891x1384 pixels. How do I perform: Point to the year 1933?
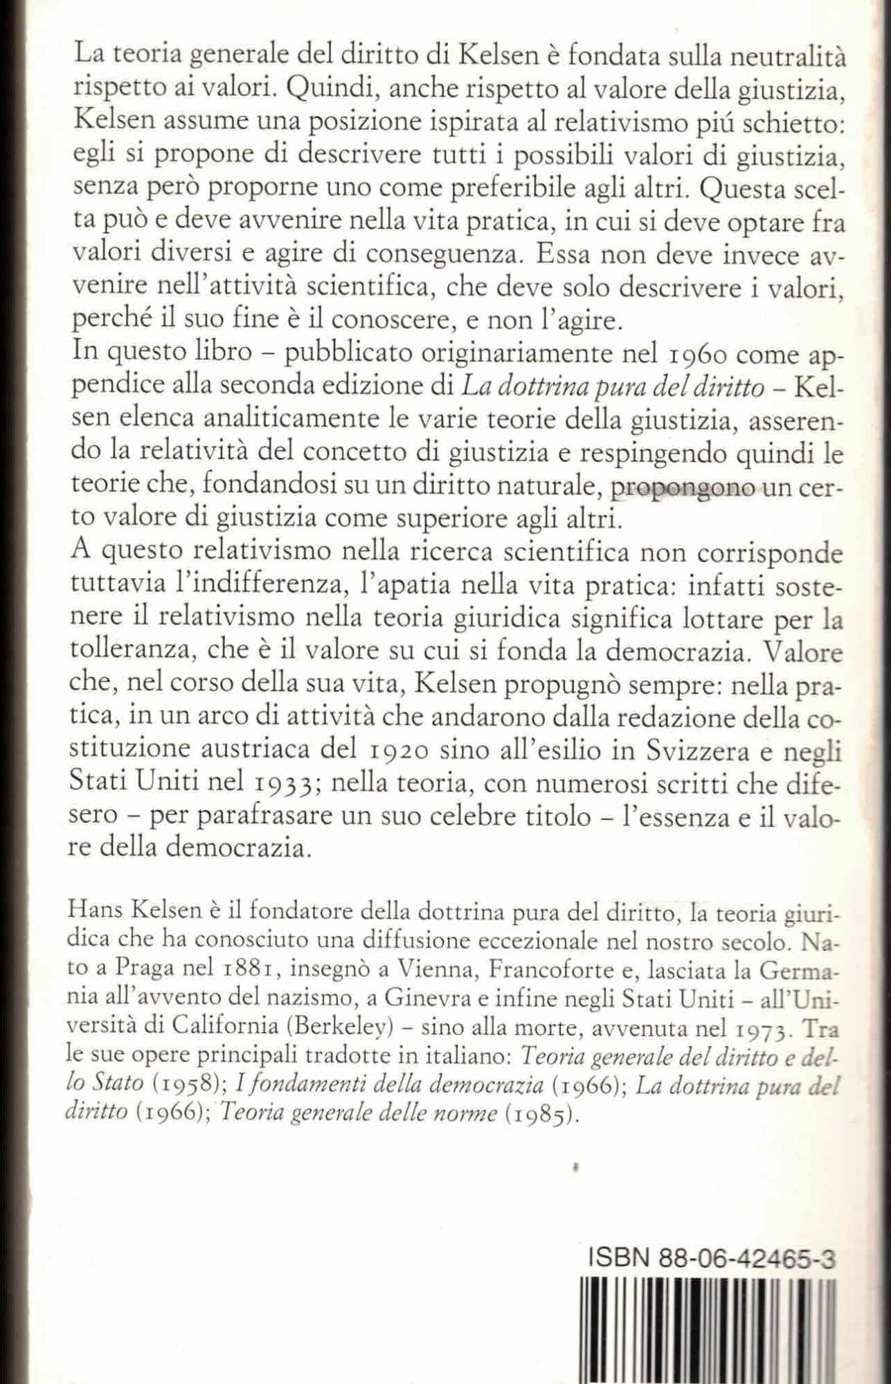(276, 784)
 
